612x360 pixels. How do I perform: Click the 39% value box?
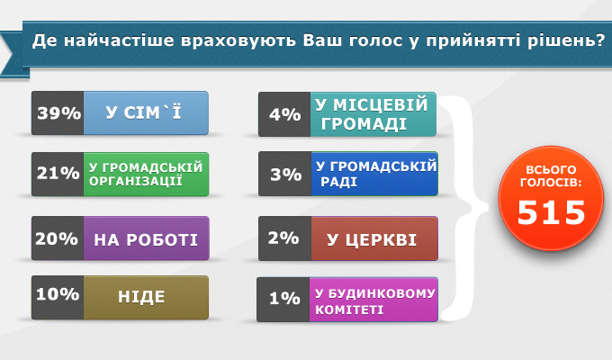click(x=58, y=113)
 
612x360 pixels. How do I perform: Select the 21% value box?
click(x=58, y=174)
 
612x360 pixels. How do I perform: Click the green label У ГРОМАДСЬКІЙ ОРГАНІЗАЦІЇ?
click(x=146, y=174)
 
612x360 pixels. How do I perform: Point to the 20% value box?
click(x=58, y=238)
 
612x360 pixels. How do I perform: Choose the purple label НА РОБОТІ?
click(x=147, y=238)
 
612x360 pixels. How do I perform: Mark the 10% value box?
click(x=58, y=298)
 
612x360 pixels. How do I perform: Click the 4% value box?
click(x=284, y=114)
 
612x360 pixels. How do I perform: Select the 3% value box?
click(x=285, y=174)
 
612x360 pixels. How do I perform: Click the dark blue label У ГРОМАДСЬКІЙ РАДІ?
click(x=374, y=174)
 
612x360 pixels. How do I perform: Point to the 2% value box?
click(x=285, y=238)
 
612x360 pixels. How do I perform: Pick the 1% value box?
click(x=283, y=300)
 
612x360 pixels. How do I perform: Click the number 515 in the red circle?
click(x=551, y=212)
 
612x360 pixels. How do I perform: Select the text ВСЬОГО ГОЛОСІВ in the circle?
click(x=551, y=176)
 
